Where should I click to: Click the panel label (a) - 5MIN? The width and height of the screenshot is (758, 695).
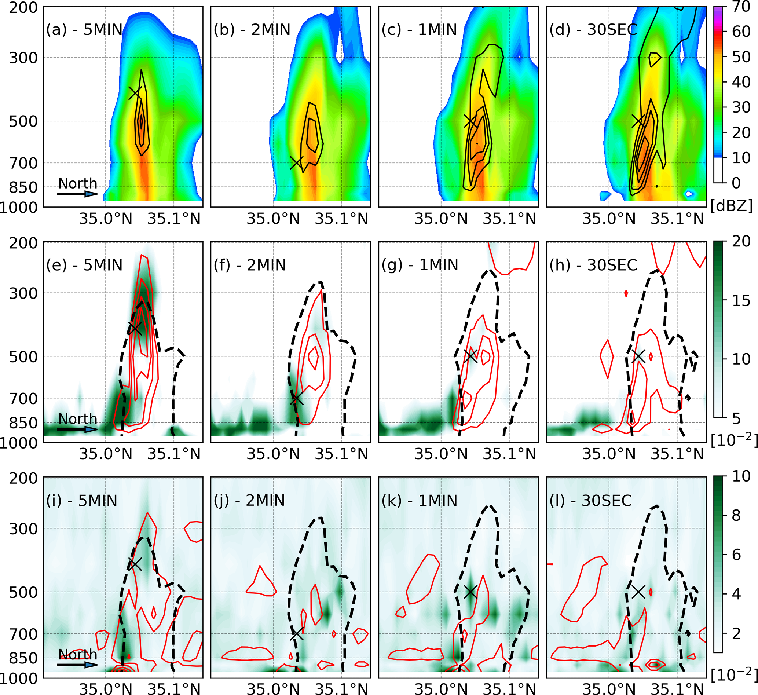[x=84, y=29]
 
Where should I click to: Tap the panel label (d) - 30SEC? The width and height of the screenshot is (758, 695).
[x=593, y=29]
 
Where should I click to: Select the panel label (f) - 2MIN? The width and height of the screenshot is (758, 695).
[x=250, y=265]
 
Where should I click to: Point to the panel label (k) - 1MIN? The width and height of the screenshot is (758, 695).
[x=419, y=501]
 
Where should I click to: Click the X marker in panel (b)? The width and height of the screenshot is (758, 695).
[x=297, y=162]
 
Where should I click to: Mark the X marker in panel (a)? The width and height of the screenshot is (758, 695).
[x=135, y=92]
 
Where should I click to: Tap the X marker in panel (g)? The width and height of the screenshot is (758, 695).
[x=470, y=356]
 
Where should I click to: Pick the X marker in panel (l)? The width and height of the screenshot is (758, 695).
[x=638, y=592]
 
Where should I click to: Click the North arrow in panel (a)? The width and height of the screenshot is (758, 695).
[x=77, y=194]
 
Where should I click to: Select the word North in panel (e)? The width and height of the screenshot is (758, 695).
[x=78, y=418]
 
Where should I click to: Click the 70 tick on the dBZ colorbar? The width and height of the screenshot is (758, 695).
[x=741, y=7]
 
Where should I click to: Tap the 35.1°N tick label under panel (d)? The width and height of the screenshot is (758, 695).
[x=677, y=219]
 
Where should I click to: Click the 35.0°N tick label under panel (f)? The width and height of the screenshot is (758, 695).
[x=273, y=454]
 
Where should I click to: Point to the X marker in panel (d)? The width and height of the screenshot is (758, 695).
[x=638, y=121]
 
